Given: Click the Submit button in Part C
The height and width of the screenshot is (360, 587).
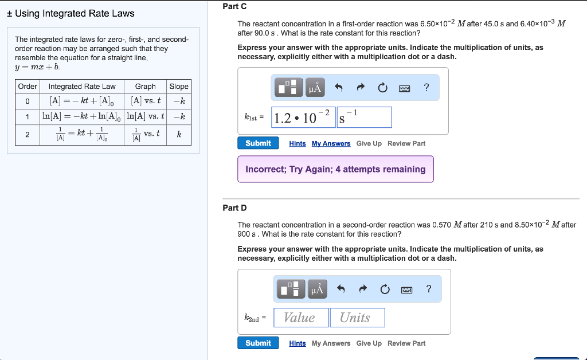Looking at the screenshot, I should click(258, 143).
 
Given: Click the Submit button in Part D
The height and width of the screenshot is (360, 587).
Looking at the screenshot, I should click(258, 343).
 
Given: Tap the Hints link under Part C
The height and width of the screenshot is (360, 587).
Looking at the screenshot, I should click(298, 144).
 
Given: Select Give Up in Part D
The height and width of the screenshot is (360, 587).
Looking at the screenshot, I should click(369, 343).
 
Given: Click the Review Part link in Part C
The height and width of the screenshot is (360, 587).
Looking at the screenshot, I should click(406, 144).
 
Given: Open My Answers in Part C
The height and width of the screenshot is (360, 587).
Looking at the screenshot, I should click(331, 144).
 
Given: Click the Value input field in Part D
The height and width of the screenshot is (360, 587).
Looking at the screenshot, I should click(301, 318).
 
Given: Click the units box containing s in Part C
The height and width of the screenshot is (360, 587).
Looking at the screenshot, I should click(364, 118).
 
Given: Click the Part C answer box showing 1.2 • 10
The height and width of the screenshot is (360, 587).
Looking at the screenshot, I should click(303, 118).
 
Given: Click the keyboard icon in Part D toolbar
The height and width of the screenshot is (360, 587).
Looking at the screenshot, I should click(406, 289).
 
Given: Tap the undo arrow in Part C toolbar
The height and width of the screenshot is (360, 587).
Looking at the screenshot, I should click(339, 88).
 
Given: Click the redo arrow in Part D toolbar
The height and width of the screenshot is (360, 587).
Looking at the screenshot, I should click(362, 289).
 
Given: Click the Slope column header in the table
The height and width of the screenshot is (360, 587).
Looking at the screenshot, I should click(179, 87).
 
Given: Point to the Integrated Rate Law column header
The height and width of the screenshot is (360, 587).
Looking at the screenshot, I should click(82, 87).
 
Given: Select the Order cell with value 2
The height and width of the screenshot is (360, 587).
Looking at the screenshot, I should click(28, 135).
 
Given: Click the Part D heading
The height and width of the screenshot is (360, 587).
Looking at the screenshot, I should click(234, 208).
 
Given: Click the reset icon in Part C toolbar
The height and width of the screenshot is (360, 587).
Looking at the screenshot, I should click(382, 88).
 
